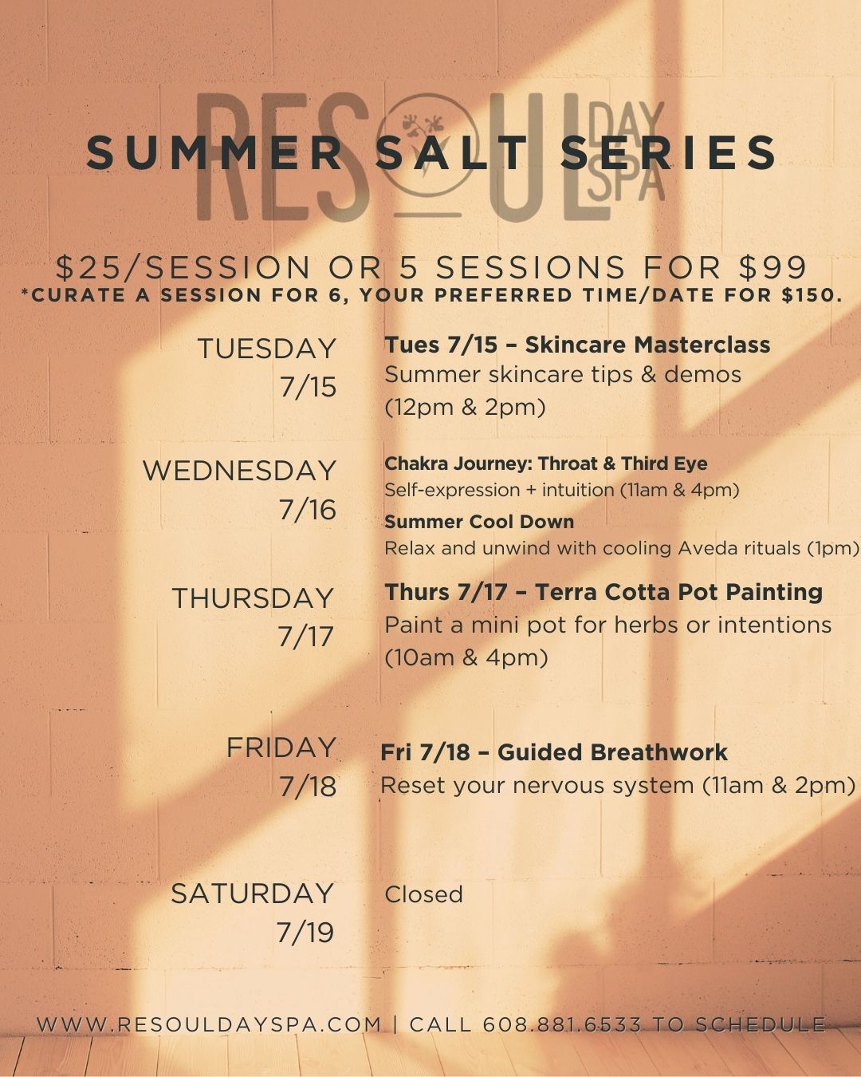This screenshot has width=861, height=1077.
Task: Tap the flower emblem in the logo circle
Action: point(424,132)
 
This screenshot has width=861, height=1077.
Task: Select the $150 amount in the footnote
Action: point(810,294)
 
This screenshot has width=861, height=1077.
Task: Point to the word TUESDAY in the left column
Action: point(266,349)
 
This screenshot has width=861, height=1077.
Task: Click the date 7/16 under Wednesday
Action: point(307,510)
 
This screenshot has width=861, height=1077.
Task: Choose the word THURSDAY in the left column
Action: point(253,598)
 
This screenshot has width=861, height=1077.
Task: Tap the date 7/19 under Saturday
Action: point(305,932)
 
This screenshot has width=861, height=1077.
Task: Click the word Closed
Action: point(423,894)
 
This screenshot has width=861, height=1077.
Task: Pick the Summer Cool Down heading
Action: point(479,522)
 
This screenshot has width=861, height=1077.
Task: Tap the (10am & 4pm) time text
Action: point(466,658)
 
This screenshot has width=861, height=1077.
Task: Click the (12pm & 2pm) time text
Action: point(464,408)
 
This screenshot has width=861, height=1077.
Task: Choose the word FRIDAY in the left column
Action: point(281,748)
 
